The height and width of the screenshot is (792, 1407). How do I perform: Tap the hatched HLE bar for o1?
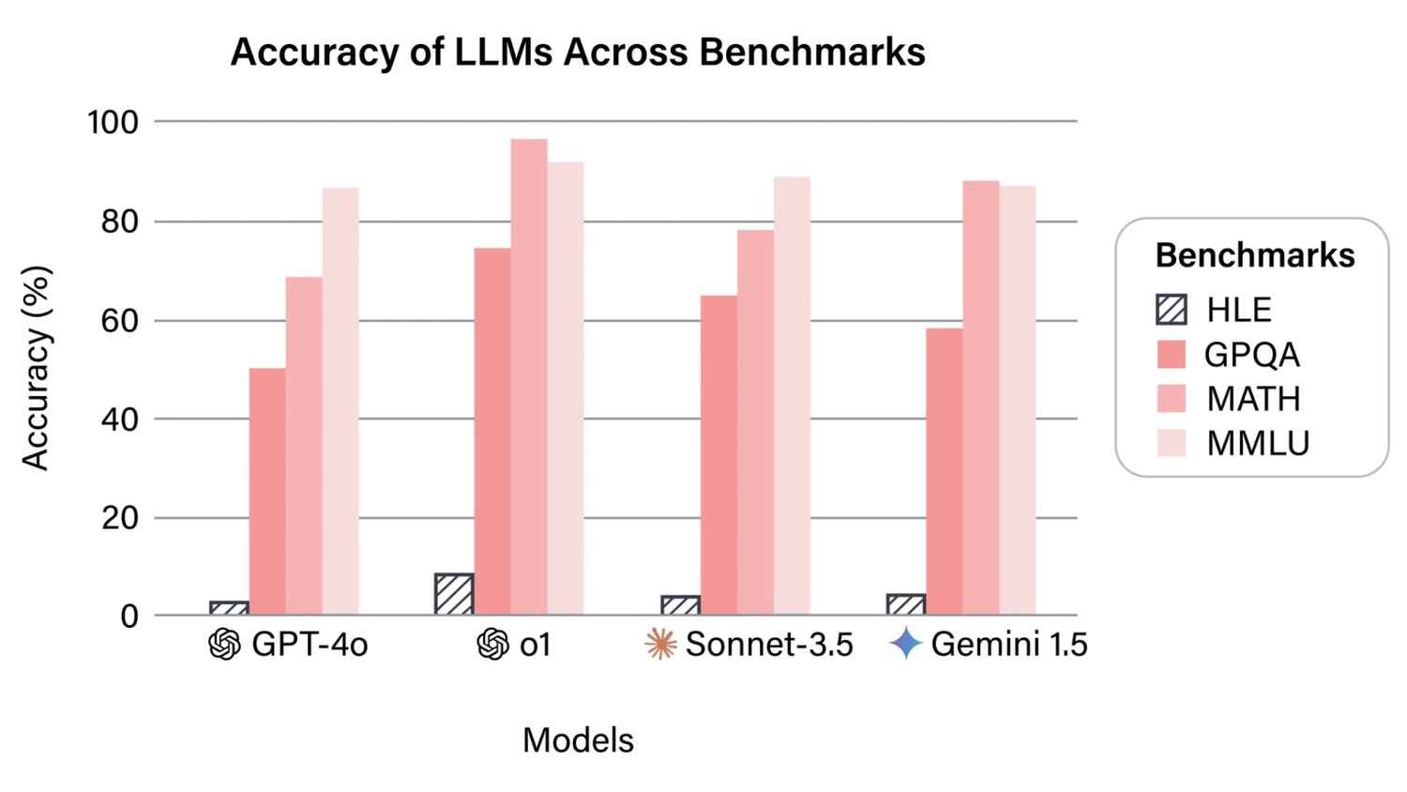[x=454, y=594]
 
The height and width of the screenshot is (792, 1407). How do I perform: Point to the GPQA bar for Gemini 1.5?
[x=944, y=471]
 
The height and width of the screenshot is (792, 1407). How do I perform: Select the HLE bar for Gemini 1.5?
[x=906, y=605]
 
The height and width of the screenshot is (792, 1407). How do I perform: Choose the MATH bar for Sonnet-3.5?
[x=755, y=422]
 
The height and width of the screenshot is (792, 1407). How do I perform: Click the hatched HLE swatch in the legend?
[x=1172, y=310]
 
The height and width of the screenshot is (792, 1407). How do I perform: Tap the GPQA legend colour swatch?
[x=1172, y=354]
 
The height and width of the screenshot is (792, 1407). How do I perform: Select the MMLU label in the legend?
[x=1257, y=443]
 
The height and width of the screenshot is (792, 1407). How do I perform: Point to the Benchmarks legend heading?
[x=1254, y=255]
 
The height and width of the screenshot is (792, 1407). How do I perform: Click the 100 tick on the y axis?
[x=113, y=122]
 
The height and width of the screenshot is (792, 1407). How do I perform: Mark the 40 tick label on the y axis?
[x=119, y=419]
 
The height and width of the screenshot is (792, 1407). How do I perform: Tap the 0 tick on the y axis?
[x=129, y=617]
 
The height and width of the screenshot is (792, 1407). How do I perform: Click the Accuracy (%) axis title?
[x=35, y=368]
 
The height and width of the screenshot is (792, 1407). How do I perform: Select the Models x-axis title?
[x=578, y=740]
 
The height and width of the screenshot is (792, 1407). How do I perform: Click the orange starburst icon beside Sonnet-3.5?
[x=661, y=645]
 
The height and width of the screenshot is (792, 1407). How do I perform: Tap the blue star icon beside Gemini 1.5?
[x=906, y=645]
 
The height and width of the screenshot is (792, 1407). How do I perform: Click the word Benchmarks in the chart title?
[x=812, y=52]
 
